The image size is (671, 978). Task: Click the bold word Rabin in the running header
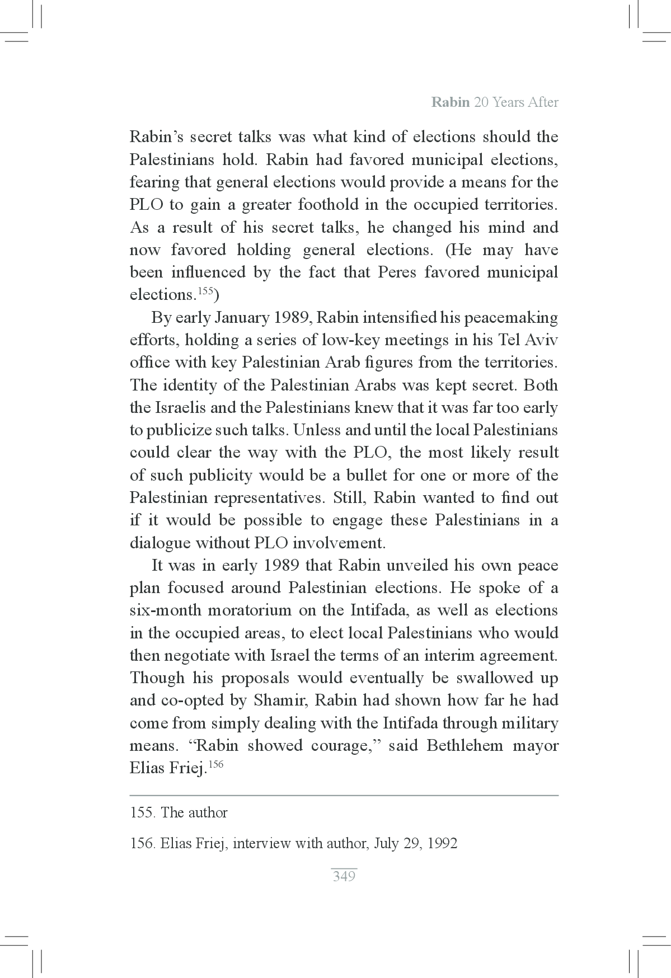(450, 103)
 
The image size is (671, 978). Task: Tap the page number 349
(344, 876)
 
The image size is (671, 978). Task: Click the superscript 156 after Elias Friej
(215, 764)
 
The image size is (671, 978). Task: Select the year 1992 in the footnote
(442, 843)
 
